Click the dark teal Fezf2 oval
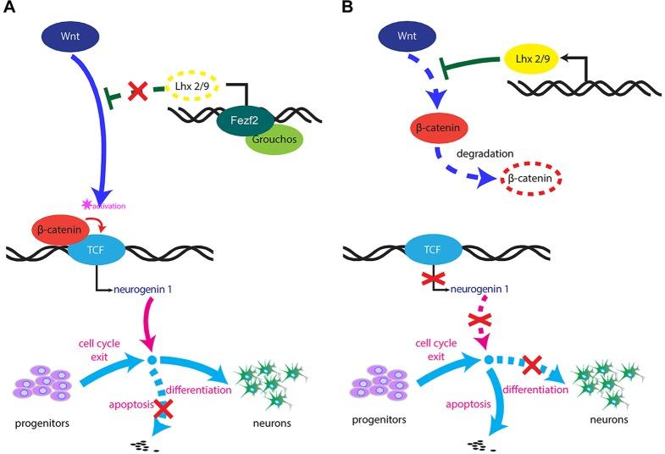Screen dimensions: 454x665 [247, 120]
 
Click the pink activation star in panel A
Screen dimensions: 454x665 [86, 204]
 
